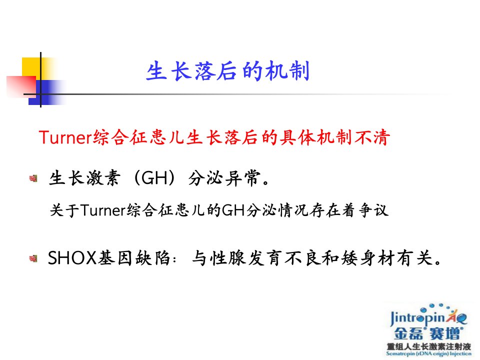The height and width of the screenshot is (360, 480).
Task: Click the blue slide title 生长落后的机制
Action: click(x=228, y=71)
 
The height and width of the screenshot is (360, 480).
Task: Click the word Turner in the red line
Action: click(x=65, y=137)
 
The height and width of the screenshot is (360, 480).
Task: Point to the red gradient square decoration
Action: click(x=21, y=87)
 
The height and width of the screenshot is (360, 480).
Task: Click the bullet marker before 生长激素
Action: click(x=33, y=178)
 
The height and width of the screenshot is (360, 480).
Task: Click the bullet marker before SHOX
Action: click(x=33, y=258)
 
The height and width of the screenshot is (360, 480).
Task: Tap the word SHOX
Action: click(x=72, y=258)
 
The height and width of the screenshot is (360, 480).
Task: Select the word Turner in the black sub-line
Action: click(x=103, y=210)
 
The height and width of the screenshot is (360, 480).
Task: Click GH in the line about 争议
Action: click(x=233, y=210)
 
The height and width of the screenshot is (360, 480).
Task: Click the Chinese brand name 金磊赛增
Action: click(x=428, y=333)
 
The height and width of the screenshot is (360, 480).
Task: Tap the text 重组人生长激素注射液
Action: click(x=428, y=346)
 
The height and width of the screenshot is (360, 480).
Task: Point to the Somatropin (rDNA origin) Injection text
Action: click(x=428, y=353)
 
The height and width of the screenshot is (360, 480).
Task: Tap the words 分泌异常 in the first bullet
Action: click(x=224, y=178)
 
